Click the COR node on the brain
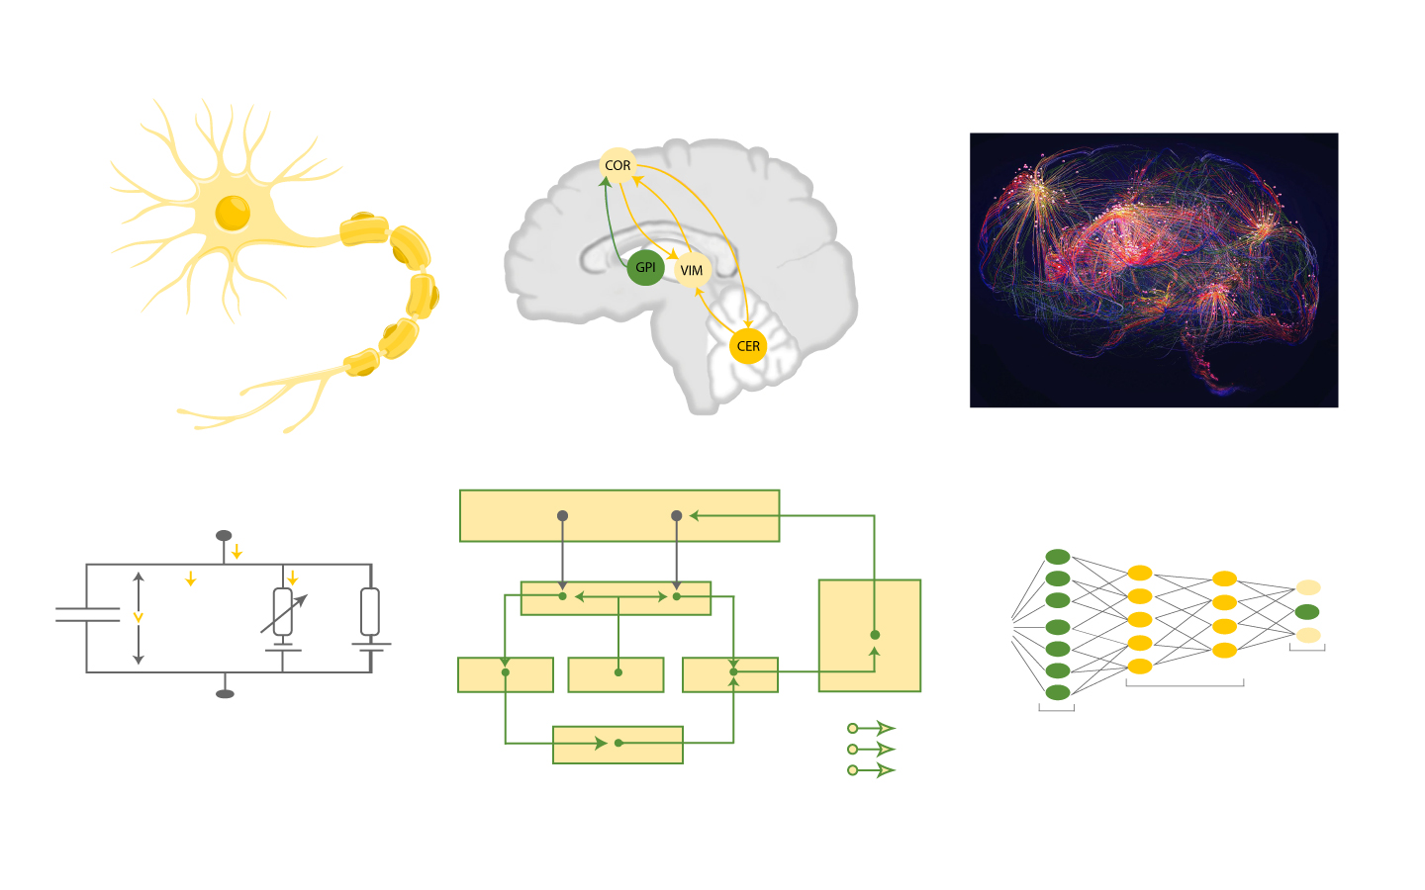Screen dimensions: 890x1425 pyautogui.click(x=617, y=165)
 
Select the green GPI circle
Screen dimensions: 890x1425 pyautogui.click(x=645, y=267)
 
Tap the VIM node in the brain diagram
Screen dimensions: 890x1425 pyautogui.click(x=692, y=270)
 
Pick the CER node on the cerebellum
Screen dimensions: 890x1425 pyautogui.click(x=748, y=346)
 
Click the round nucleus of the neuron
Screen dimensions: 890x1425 pyautogui.click(x=233, y=212)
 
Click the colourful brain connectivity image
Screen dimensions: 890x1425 pyautogui.click(x=1154, y=270)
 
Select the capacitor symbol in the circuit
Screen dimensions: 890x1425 pyautogui.click(x=87, y=615)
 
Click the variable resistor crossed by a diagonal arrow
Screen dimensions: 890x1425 pyautogui.click(x=283, y=613)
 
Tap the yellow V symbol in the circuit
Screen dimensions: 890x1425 pyautogui.click(x=139, y=617)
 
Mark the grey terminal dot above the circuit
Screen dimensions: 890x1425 pyautogui.click(x=224, y=536)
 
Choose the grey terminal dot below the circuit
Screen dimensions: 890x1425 pyautogui.click(x=225, y=693)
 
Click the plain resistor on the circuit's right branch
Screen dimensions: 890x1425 pyautogui.click(x=370, y=611)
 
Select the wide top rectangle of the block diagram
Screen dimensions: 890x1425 pyautogui.click(x=619, y=515)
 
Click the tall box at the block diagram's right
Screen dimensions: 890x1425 pyautogui.click(x=870, y=635)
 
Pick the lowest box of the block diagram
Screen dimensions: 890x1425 pyautogui.click(x=617, y=745)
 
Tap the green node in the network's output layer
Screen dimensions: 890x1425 pyautogui.click(x=1307, y=612)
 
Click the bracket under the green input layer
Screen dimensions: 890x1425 pyautogui.click(x=1056, y=708)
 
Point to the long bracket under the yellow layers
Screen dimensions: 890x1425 pyautogui.click(x=1185, y=683)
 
